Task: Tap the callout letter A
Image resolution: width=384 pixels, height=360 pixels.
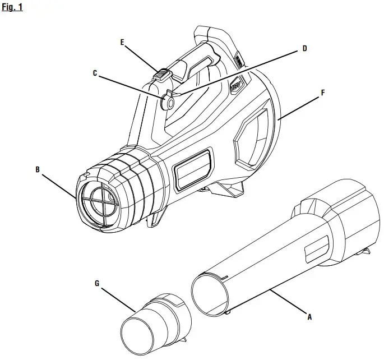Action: pyautogui.click(x=309, y=317)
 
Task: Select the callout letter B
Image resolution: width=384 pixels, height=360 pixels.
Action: pyautogui.click(x=38, y=168)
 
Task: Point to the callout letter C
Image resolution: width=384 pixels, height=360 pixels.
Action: pyautogui.click(x=94, y=72)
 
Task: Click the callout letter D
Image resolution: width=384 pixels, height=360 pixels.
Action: pyautogui.click(x=304, y=48)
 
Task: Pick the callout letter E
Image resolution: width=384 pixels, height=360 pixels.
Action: pyautogui.click(x=121, y=41)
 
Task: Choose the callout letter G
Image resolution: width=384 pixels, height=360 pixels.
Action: pyautogui.click(x=97, y=284)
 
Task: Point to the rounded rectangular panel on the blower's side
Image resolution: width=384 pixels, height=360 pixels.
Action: pyautogui.click(x=192, y=168)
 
